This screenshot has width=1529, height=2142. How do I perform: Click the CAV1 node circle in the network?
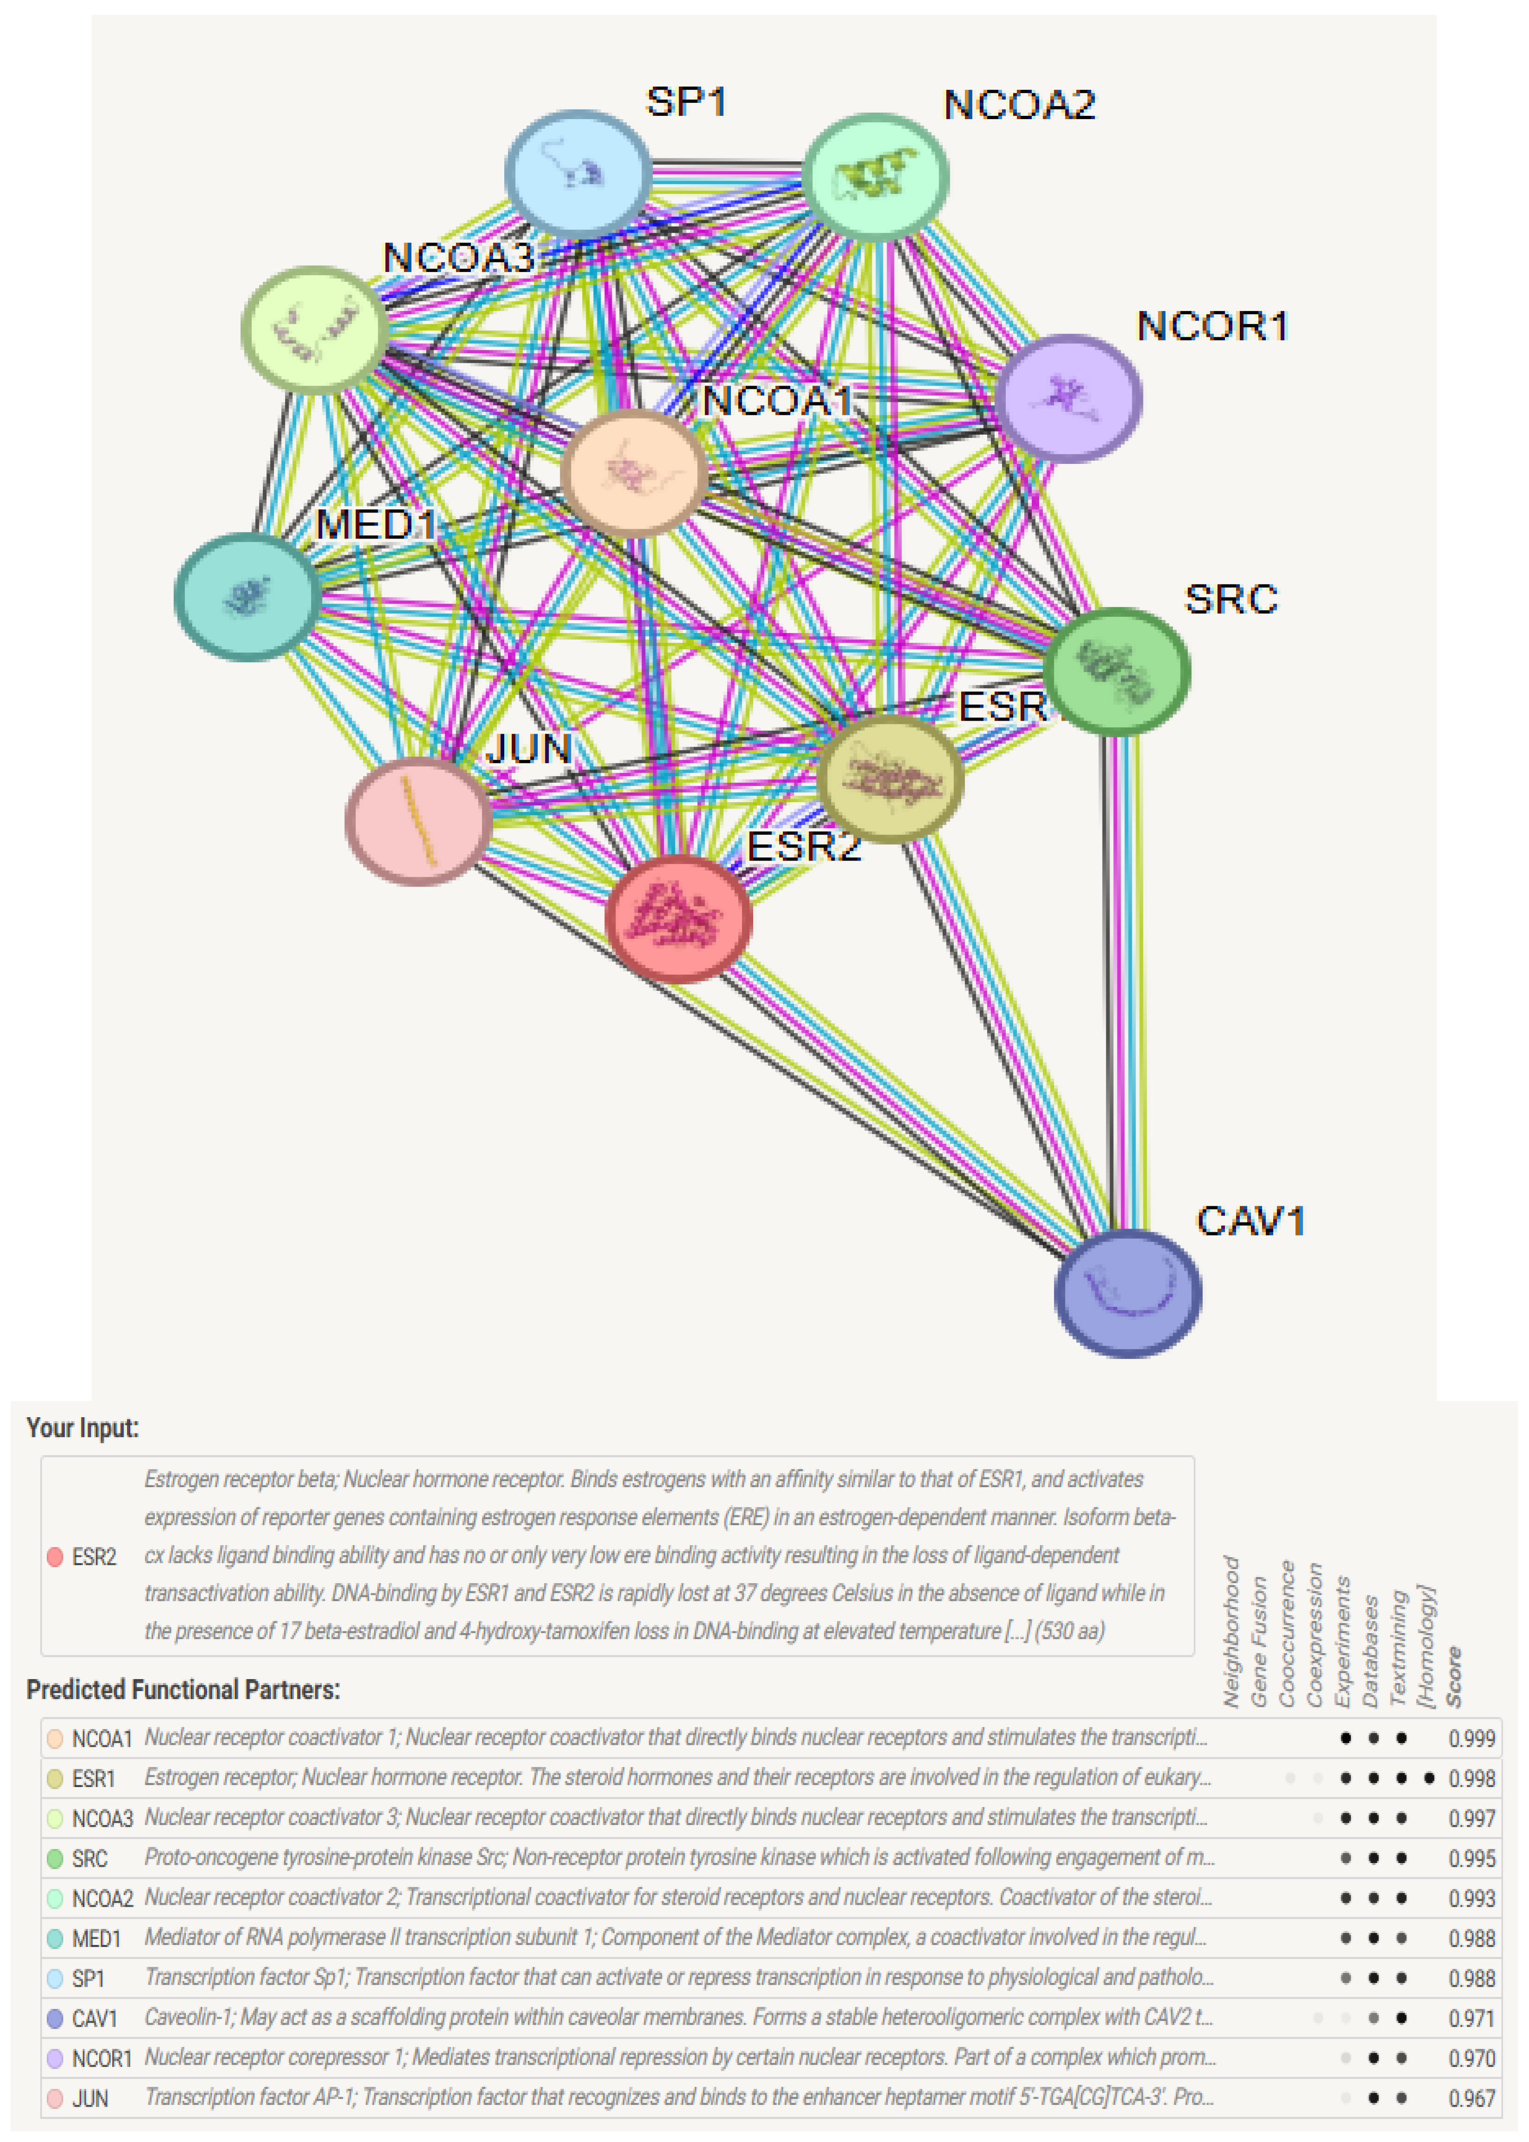coord(1127,1293)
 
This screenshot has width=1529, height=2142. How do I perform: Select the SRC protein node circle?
coord(1117,672)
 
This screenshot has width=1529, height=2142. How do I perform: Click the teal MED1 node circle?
coord(247,596)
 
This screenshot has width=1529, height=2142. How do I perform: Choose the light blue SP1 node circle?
coord(578,174)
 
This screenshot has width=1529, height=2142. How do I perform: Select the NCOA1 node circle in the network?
coord(634,473)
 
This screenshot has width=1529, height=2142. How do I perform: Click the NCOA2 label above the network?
coord(1020,105)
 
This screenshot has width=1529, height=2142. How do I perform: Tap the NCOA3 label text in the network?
coord(458,257)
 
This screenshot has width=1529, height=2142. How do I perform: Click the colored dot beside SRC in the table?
coord(55,1858)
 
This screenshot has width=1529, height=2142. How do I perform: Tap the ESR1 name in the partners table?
coord(93,1779)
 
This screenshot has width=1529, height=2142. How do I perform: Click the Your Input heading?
coord(83,1428)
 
